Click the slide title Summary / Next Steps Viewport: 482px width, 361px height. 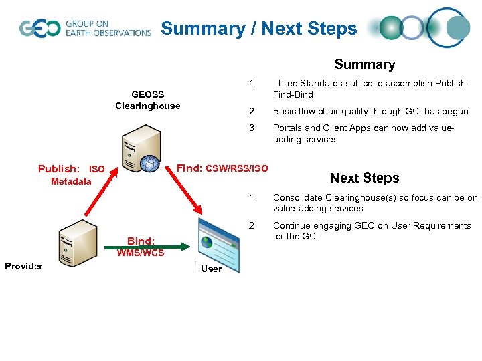[x=259, y=29]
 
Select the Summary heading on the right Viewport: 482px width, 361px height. [x=364, y=65]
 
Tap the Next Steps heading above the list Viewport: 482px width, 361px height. [x=364, y=178]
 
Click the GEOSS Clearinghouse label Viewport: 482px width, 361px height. [x=147, y=100]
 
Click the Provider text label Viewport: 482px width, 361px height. [x=23, y=266]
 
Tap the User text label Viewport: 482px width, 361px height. [x=212, y=269]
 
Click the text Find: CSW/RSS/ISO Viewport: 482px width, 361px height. [x=222, y=168]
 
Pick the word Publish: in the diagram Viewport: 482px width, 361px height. [x=60, y=169]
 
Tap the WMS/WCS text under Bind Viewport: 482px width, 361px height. [x=141, y=253]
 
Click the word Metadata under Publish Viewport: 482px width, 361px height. [x=72, y=181]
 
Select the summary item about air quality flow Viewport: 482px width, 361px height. [x=370, y=112]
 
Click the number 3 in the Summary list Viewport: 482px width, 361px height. [x=252, y=128]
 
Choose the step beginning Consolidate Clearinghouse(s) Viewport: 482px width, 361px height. [x=375, y=203]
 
